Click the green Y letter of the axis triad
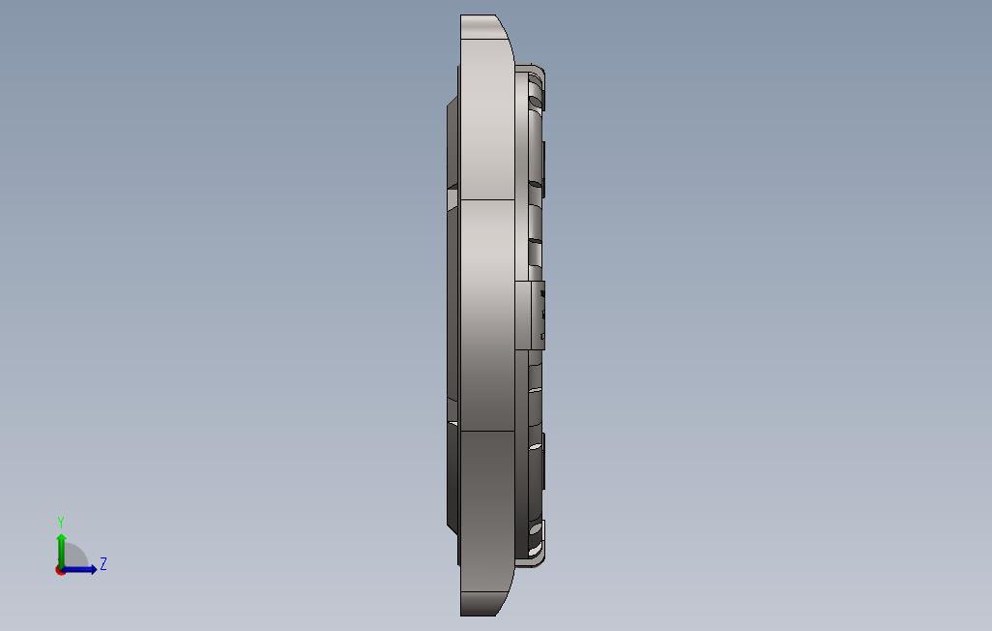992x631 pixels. (x=61, y=523)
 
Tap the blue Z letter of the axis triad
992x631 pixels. (x=103, y=563)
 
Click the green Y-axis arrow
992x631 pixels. (x=61, y=552)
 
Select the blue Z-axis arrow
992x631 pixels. (x=78, y=569)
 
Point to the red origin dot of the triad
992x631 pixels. (x=60, y=570)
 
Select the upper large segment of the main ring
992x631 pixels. (x=487, y=120)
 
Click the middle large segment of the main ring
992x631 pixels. (x=487, y=315)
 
